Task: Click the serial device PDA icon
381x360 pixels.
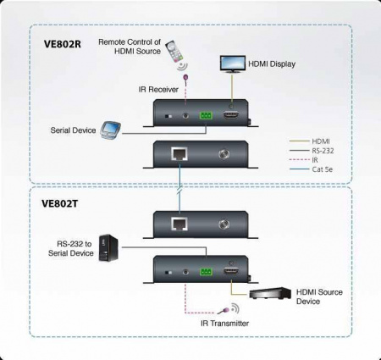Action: (x=111, y=129)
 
